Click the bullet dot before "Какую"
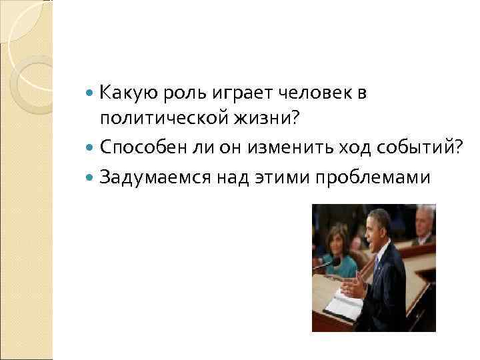point(90,94)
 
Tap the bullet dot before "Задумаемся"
point(90,177)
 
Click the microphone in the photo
point(325,265)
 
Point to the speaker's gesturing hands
point(354,287)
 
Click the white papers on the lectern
point(344,307)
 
